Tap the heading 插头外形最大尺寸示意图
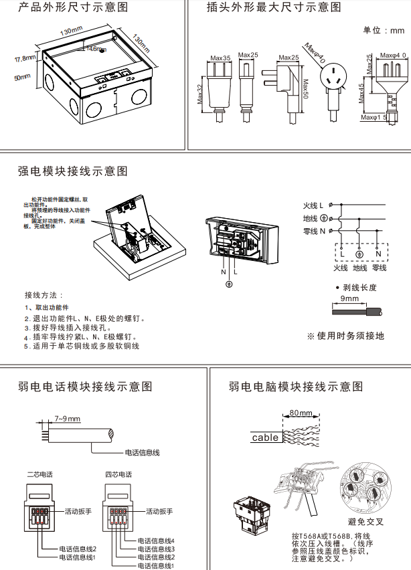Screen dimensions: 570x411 274,8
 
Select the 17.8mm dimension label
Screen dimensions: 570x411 25,58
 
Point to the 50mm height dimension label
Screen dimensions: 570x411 23,78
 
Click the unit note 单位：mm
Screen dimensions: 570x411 384,31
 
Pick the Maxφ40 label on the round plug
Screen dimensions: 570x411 315,53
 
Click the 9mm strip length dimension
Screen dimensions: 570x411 349,298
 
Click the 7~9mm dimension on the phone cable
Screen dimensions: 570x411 67,419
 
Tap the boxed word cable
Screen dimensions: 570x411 265,438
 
